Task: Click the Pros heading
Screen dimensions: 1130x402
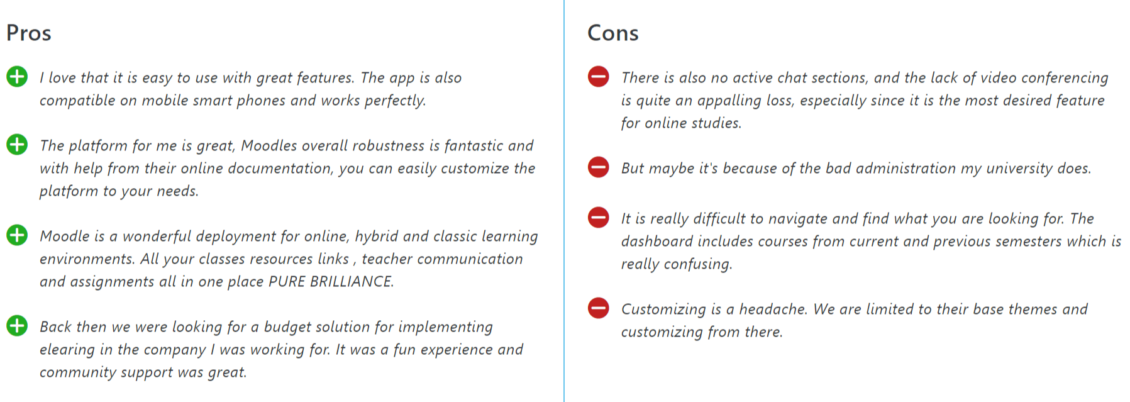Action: pyautogui.click(x=29, y=33)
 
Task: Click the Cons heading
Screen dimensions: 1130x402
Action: pyautogui.click(x=613, y=33)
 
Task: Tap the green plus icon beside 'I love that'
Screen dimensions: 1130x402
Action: pyautogui.click(x=17, y=77)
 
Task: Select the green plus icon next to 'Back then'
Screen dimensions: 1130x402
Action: pyautogui.click(x=17, y=326)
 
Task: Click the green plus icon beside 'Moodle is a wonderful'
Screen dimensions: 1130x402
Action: pyautogui.click(x=17, y=235)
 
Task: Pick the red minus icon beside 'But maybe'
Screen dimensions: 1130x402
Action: pyautogui.click(x=598, y=167)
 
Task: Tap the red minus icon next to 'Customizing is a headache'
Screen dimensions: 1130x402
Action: pyautogui.click(x=598, y=308)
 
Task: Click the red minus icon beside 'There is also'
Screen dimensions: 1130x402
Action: pyautogui.click(x=598, y=77)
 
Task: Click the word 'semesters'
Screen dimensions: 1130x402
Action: pyautogui.click(x=1029, y=241)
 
